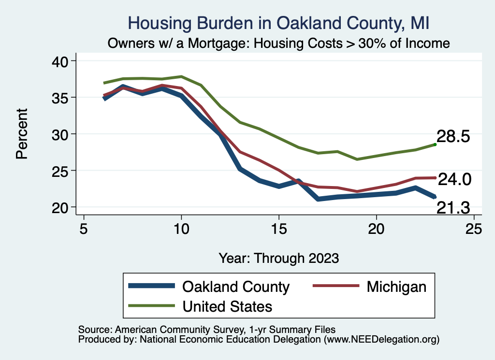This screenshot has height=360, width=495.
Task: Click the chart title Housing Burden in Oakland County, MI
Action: pos(278,23)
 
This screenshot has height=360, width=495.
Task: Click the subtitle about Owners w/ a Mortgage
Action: pos(279,43)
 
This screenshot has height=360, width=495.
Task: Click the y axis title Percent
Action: pos(22,134)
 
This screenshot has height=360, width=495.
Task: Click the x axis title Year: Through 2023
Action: pos(278,258)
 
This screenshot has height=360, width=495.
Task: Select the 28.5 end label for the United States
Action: pos(453,136)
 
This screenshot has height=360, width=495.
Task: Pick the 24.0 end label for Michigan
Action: pos(454,179)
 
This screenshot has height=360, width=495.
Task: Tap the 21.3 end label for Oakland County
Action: pos(453,208)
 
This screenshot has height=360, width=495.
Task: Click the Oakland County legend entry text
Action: pos(235,287)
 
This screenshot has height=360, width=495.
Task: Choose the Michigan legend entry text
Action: pos(396,287)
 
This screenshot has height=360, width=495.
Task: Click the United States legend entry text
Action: pos(227,306)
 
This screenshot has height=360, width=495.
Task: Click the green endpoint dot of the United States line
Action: pos(435,144)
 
